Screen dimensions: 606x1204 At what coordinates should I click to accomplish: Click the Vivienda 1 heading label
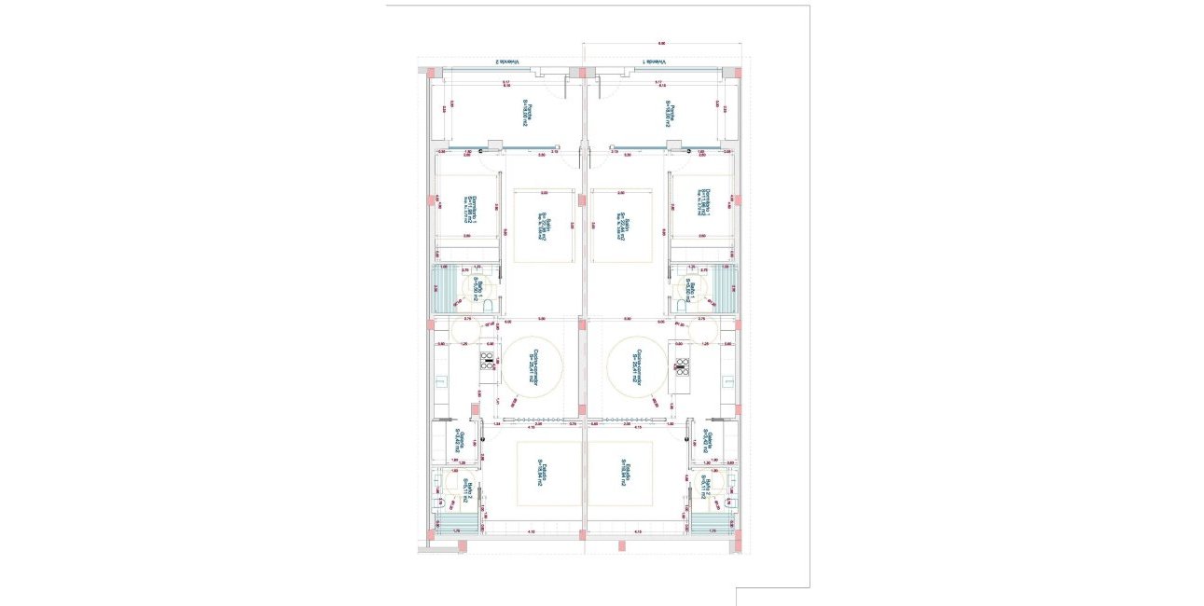[x=656, y=62]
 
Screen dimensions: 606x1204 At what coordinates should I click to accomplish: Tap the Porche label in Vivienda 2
[x=527, y=114]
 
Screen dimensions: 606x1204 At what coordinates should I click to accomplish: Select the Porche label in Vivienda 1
[x=669, y=114]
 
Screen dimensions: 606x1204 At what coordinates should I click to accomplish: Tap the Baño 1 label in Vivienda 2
[x=477, y=290]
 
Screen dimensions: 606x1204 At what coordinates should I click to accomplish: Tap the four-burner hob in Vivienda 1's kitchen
[x=682, y=365]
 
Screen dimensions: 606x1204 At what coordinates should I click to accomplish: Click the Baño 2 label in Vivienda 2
[x=466, y=487]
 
